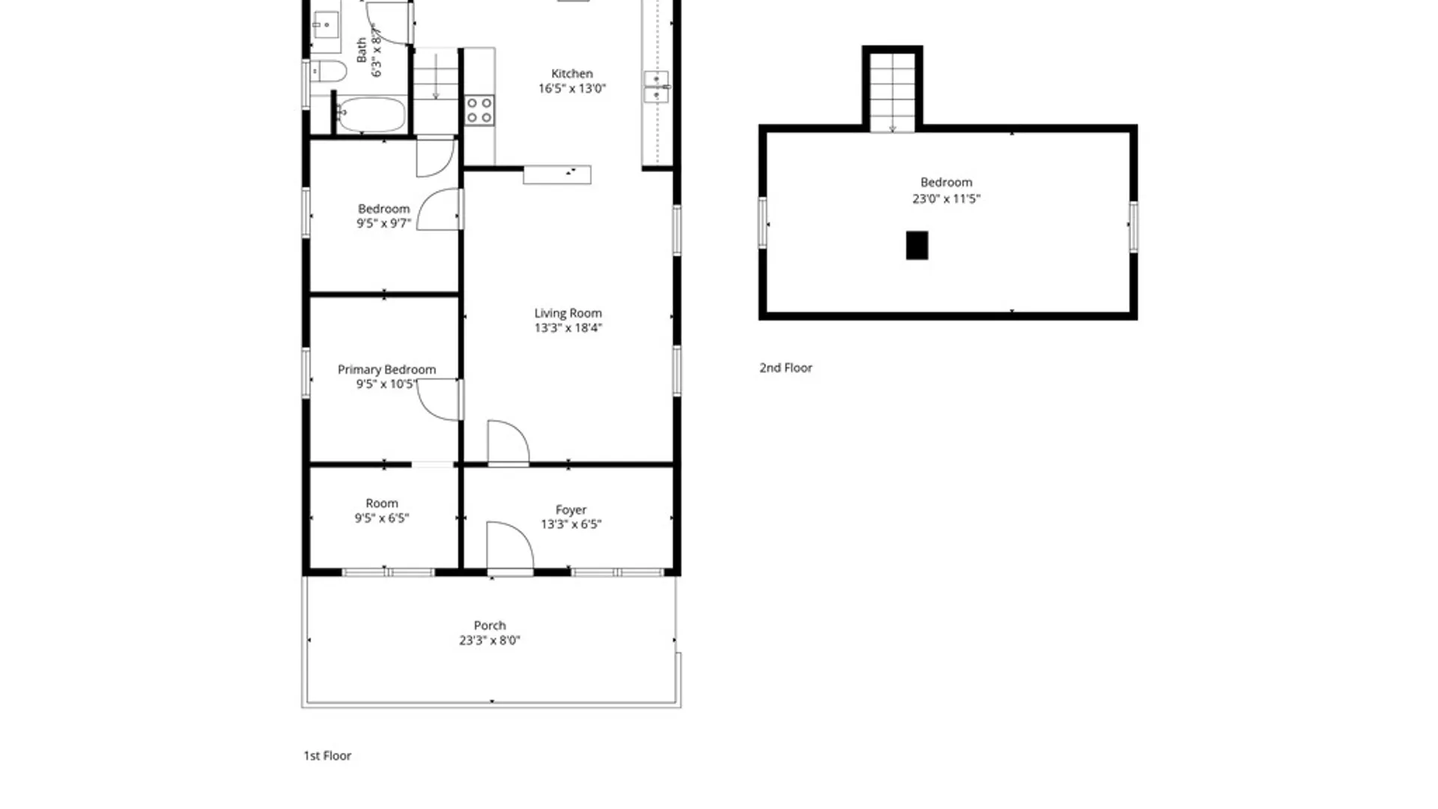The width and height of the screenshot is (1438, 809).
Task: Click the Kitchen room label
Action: pyautogui.click(x=571, y=73)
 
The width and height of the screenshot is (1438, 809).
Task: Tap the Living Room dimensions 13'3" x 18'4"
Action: pyautogui.click(x=568, y=328)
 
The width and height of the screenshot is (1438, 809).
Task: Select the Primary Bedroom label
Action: pyautogui.click(x=386, y=369)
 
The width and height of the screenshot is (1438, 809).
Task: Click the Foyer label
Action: pyautogui.click(x=571, y=509)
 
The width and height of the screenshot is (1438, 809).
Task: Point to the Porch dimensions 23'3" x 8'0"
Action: pyautogui.click(x=489, y=640)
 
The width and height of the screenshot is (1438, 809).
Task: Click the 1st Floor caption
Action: pyautogui.click(x=327, y=756)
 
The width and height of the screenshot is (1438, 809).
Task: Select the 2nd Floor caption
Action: pyautogui.click(x=786, y=368)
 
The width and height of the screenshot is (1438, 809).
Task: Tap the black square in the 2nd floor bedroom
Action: pyautogui.click(x=917, y=245)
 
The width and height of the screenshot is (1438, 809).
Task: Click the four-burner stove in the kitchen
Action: pyautogui.click(x=479, y=110)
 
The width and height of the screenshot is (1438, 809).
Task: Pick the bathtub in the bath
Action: pyautogui.click(x=370, y=115)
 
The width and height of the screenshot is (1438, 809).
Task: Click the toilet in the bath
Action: pyautogui.click(x=329, y=72)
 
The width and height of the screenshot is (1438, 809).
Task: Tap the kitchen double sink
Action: pyautogui.click(x=656, y=86)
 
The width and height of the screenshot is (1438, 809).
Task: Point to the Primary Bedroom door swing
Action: pyautogui.click(x=440, y=400)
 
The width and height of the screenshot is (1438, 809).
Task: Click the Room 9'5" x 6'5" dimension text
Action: pyautogui.click(x=382, y=518)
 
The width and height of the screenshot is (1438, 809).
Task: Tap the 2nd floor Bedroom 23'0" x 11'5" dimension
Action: pyautogui.click(x=946, y=199)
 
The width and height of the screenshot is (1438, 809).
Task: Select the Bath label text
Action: pyautogui.click(x=362, y=50)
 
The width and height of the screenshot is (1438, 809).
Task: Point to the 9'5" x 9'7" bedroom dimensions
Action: pyautogui.click(x=383, y=223)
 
